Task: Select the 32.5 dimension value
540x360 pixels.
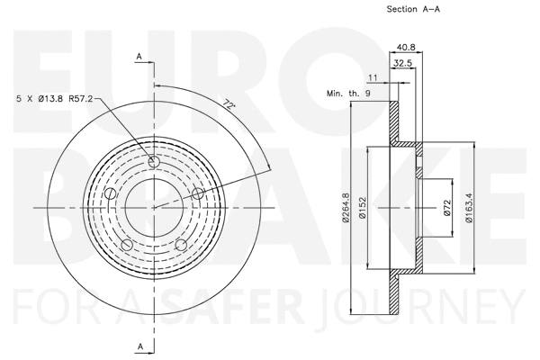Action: [403, 63]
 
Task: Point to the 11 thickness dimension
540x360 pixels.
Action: [373, 77]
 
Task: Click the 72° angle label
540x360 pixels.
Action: [231, 105]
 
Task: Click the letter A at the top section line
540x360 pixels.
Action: [139, 57]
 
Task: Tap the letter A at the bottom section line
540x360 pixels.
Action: [139, 346]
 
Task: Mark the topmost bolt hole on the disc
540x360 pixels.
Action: [153, 162]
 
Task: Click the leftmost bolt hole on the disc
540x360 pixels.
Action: [111, 193]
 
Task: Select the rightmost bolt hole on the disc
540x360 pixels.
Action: [196, 192]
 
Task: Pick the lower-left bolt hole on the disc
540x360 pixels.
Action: [127, 244]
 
